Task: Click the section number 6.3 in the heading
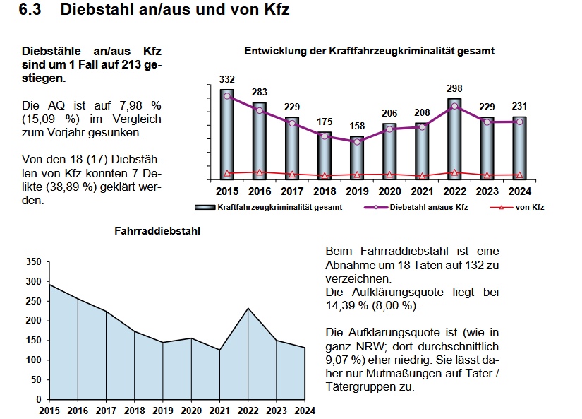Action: point(32,10)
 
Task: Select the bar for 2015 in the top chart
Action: point(227,134)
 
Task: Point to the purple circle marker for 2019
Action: point(357,141)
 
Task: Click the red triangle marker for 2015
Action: point(227,173)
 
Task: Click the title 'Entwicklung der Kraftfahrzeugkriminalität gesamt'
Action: point(369,51)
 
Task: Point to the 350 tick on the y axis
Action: point(33,262)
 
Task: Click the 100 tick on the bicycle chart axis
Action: point(33,360)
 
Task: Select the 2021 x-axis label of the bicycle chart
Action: point(219,410)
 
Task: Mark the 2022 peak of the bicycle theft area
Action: point(248,308)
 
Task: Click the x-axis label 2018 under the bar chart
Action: point(325,191)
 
